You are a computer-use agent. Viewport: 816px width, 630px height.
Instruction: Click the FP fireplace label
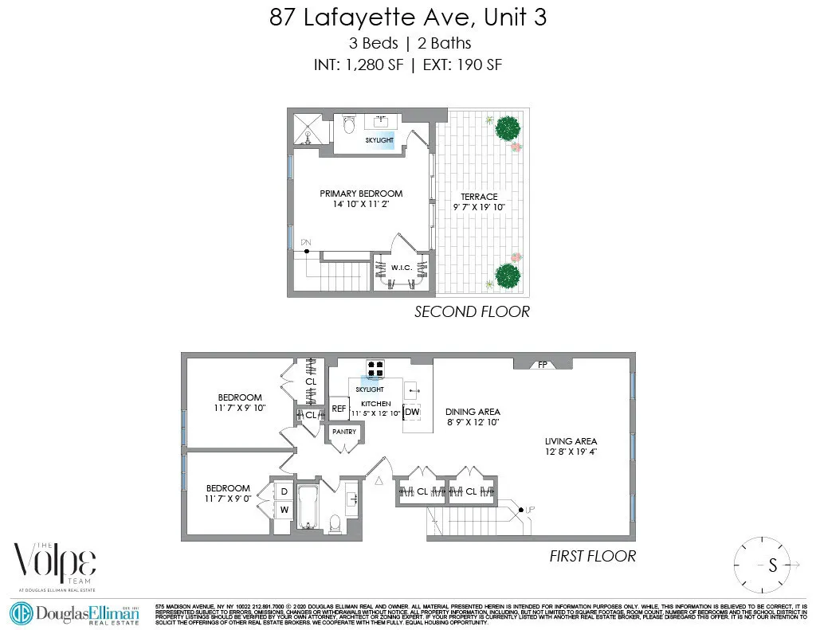(x=543, y=365)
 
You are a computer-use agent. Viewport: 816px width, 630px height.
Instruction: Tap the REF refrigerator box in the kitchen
(x=339, y=409)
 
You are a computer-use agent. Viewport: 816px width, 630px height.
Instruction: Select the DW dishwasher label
(x=412, y=412)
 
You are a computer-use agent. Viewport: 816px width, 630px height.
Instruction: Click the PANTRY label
(x=344, y=432)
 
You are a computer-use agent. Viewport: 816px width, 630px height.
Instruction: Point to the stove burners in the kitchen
(x=375, y=368)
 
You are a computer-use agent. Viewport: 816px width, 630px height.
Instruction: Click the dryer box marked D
(x=284, y=492)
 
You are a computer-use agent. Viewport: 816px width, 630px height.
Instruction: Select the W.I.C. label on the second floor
(x=401, y=267)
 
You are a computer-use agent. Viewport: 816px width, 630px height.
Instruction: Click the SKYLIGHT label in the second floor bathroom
(x=380, y=139)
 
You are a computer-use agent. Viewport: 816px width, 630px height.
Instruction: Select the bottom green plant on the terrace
(x=508, y=276)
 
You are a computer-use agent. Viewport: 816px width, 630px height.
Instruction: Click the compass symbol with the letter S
(x=771, y=566)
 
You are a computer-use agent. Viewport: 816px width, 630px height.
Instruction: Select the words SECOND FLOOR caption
(x=472, y=311)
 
